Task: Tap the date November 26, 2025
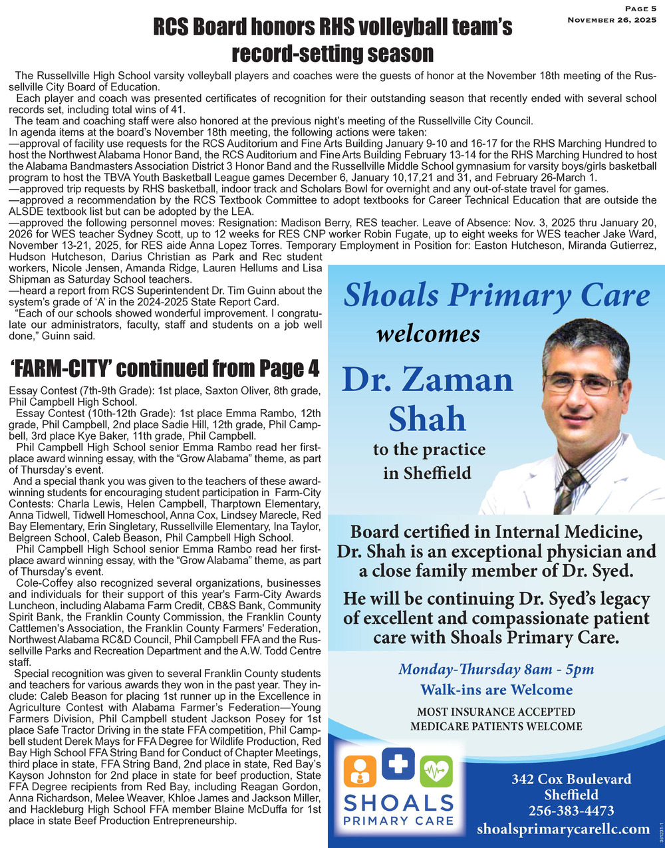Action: [611, 21]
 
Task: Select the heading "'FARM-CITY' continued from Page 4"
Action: [165, 368]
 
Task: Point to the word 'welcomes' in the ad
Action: [428, 333]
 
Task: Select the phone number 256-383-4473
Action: [571, 811]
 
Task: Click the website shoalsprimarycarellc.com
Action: [563, 829]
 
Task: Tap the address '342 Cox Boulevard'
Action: [571, 779]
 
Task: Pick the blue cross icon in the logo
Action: [398, 764]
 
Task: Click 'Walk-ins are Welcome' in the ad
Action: [496, 689]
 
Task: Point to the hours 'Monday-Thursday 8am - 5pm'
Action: [496, 669]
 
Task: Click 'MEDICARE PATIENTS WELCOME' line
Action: [496, 726]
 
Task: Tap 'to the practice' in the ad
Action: [429, 450]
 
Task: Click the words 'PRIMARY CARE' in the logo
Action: [398, 820]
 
